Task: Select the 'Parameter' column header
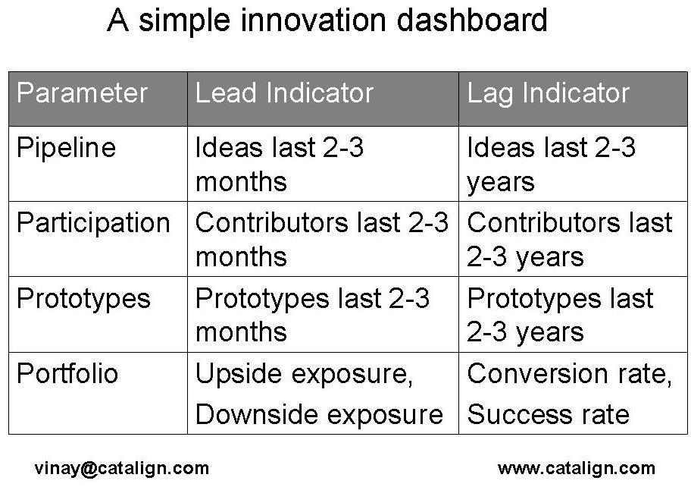[x=82, y=93]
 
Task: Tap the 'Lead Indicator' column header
[x=284, y=93]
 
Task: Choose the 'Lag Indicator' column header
[x=548, y=93]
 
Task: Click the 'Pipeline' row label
[x=66, y=147]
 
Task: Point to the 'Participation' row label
[x=93, y=223]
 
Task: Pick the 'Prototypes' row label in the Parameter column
[x=83, y=299]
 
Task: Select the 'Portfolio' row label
[x=67, y=374]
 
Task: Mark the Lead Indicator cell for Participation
[x=321, y=239]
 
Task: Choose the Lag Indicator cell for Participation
[x=569, y=239]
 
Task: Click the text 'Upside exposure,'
[x=304, y=375]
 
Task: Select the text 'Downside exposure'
[x=318, y=414]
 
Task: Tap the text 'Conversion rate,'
[x=569, y=375]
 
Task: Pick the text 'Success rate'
[x=548, y=414]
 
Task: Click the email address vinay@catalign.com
[x=121, y=468]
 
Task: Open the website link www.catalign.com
[x=576, y=468]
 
